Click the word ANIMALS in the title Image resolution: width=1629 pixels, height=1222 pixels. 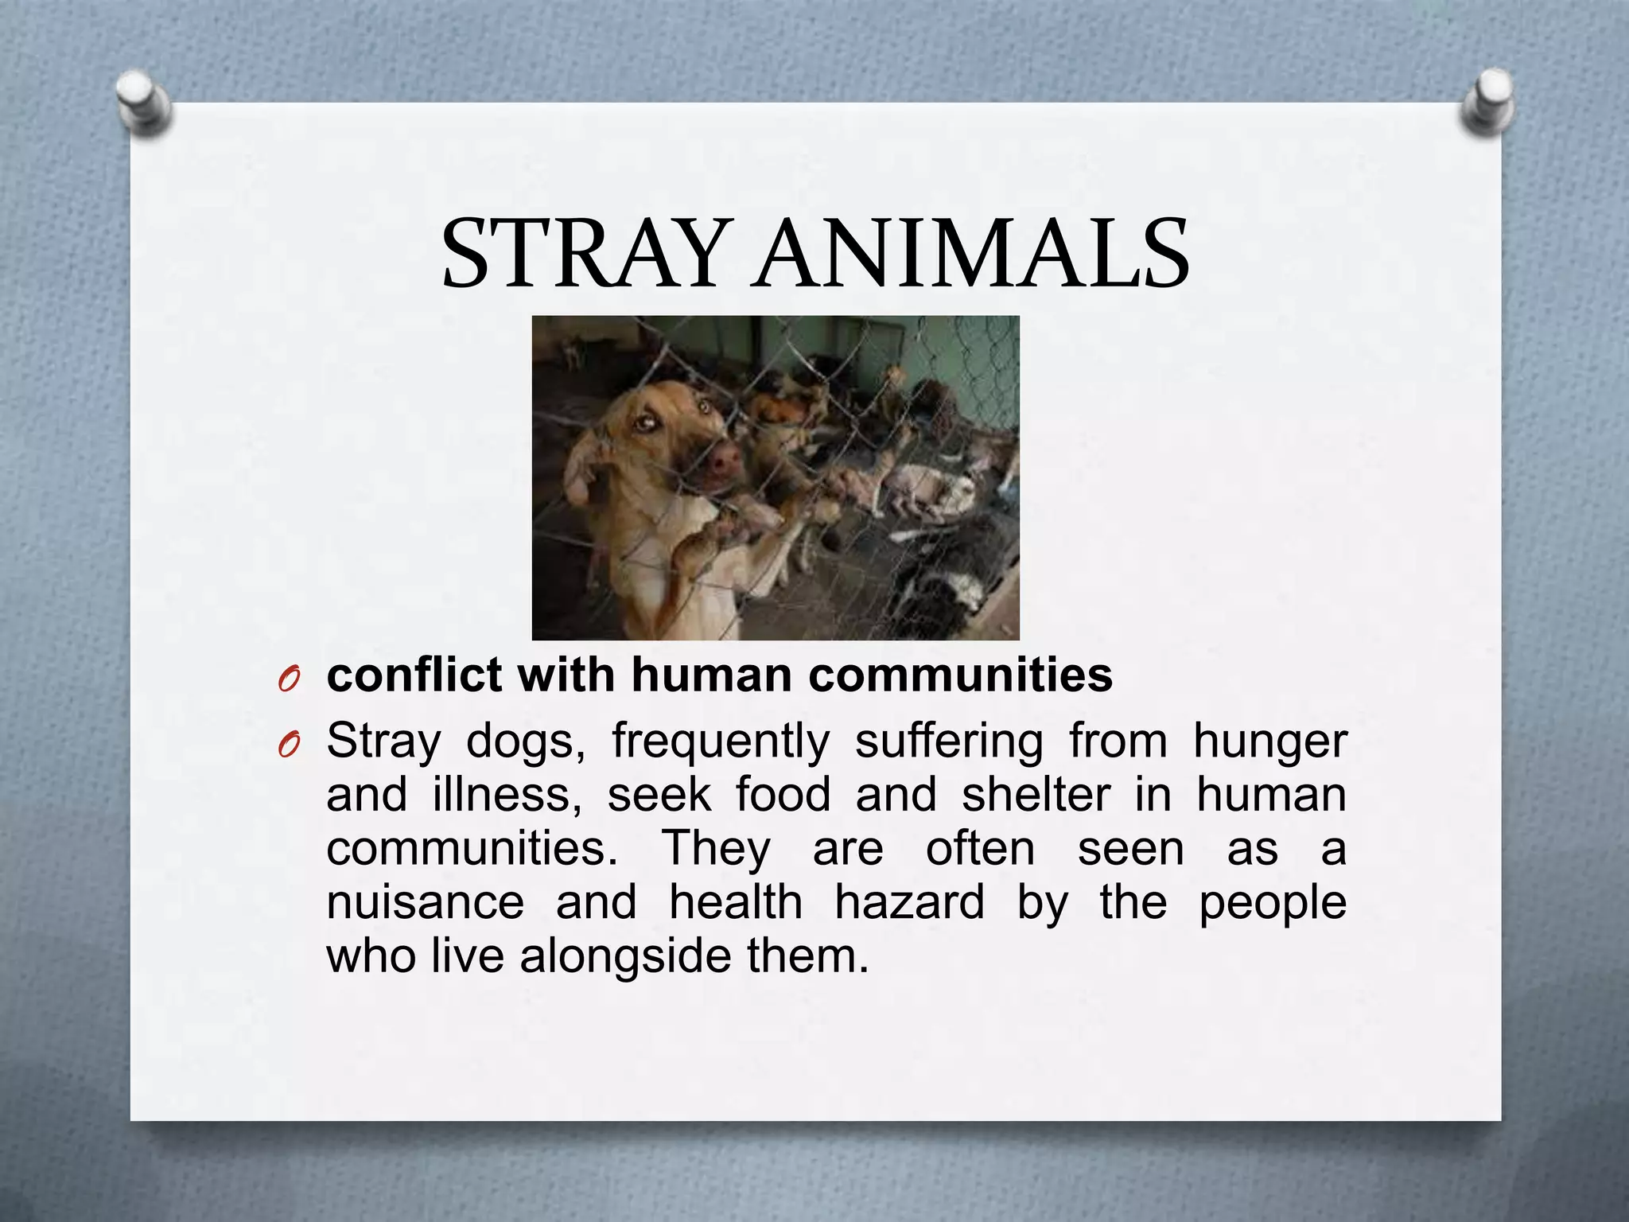[x=972, y=254]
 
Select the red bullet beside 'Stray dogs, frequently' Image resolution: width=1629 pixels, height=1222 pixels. [x=289, y=745]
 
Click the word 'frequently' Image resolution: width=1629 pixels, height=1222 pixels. [x=720, y=742]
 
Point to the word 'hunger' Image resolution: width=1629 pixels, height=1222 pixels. [x=1269, y=742]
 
